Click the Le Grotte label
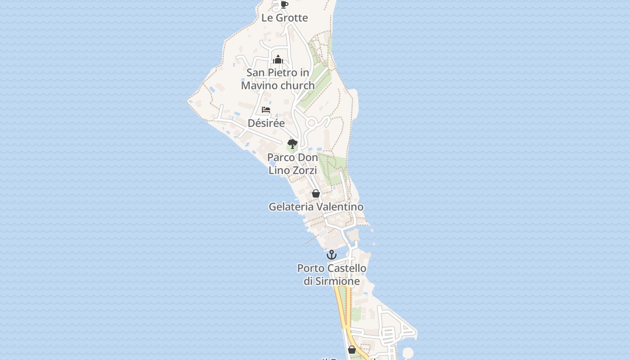click(x=284, y=18)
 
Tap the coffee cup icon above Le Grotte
click(x=284, y=5)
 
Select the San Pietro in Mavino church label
click(x=278, y=79)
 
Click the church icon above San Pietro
click(x=278, y=59)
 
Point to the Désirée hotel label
click(x=266, y=123)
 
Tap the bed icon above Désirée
click(x=266, y=110)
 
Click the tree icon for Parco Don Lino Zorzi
click(x=292, y=144)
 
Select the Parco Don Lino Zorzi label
click(x=292, y=164)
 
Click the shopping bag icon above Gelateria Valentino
click(x=316, y=194)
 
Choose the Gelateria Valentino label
click(x=316, y=207)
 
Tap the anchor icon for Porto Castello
click(x=332, y=255)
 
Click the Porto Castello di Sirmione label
click(x=332, y=274)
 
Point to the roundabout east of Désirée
click(x=311, y=123)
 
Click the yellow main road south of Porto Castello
click(x=341, y=306)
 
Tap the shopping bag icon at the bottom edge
click(x=352, y=350)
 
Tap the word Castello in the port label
click(x=346, y=268)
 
